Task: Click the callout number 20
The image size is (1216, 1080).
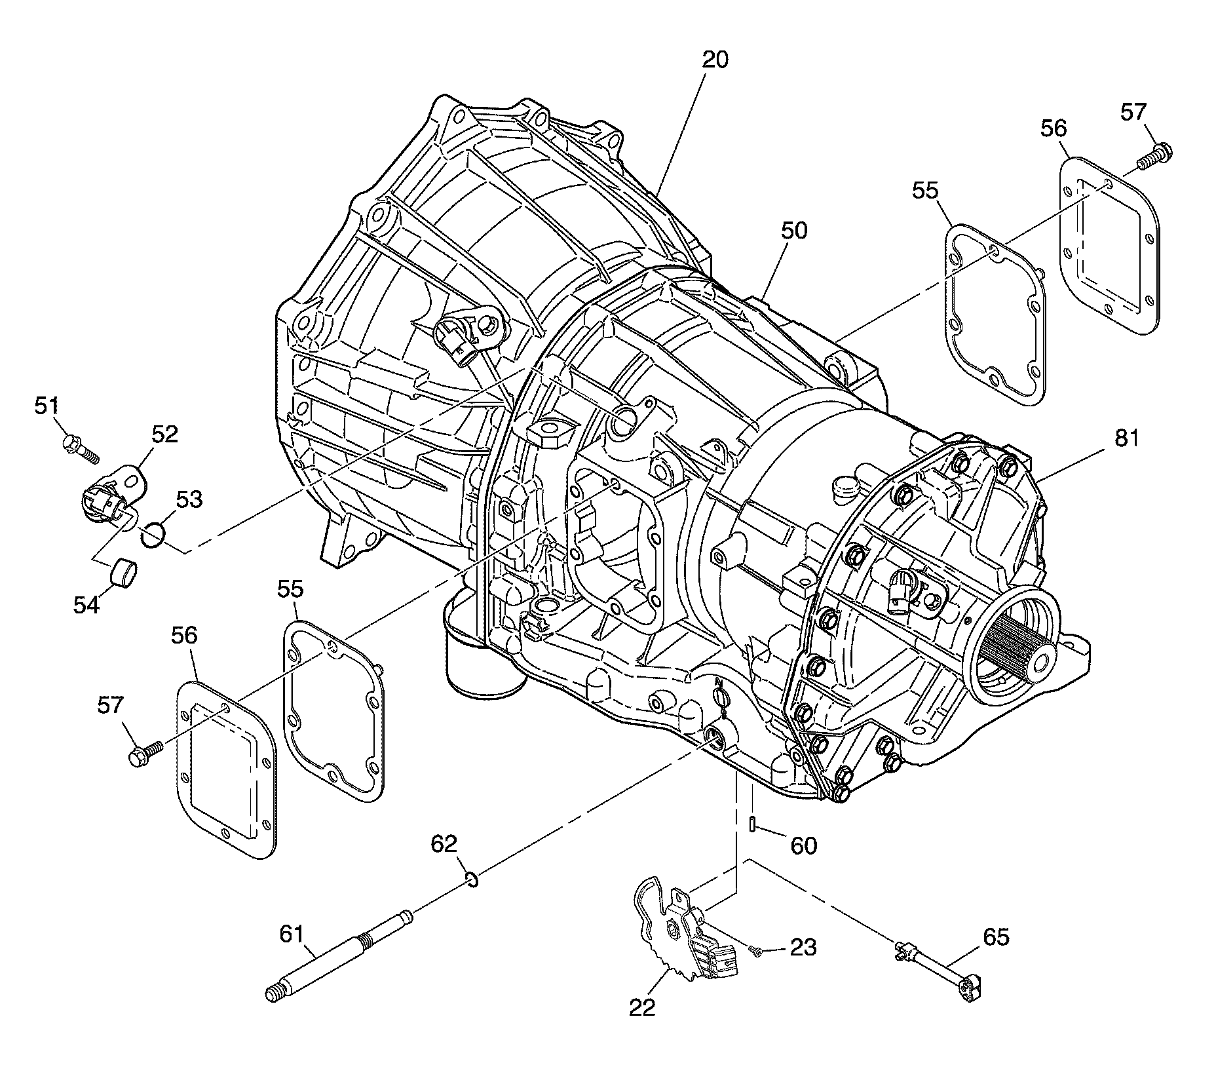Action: [715, 60]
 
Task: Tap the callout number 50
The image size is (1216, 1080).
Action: [793, 231]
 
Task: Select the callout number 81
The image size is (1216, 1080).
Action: [1127, 438]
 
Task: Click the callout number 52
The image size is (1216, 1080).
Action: [164, 434]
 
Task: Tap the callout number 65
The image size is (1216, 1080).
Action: [996, 938]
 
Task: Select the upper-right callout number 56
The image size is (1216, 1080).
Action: [1054, 128]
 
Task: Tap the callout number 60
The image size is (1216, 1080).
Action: [804, 846]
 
